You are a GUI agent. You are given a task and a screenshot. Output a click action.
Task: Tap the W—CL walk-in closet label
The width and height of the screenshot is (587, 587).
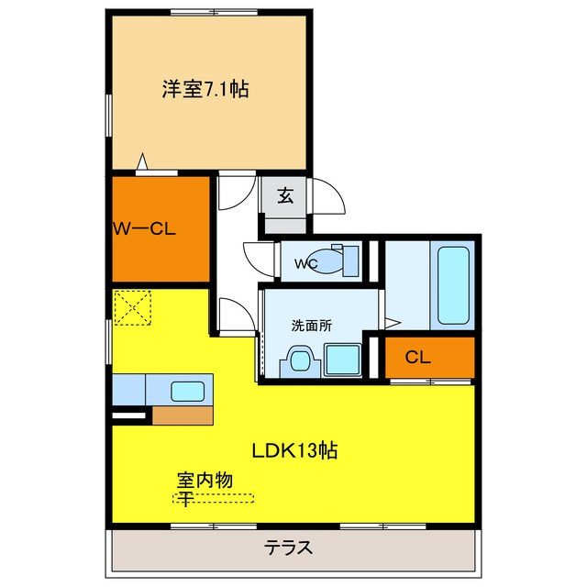click(x=144, y=228)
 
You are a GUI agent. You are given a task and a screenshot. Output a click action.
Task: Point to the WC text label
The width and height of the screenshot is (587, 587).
click(x=305, y=264)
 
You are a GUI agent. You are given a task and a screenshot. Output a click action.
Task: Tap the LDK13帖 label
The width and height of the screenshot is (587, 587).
click(x=294, y=450)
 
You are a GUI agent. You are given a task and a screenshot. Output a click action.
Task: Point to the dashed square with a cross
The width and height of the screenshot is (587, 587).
click(x=131, y=307)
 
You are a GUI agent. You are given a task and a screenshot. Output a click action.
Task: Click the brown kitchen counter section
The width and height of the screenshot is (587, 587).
click(x=182, y=415)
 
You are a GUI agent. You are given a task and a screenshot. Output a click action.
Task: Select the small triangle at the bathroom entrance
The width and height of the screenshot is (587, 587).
click(x=393, y=322)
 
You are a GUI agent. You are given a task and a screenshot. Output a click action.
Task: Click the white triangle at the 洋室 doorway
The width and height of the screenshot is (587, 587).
click(x=141, y=163)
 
